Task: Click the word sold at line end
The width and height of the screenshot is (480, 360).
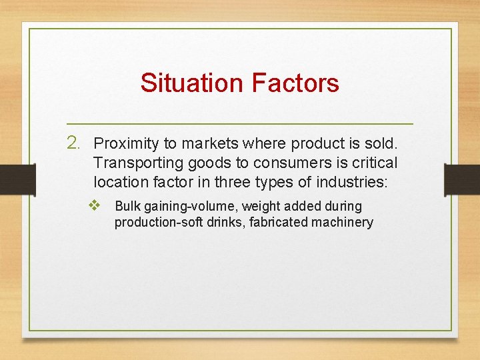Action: click(381, 143)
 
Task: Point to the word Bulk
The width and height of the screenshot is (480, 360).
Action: click(127, 207)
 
